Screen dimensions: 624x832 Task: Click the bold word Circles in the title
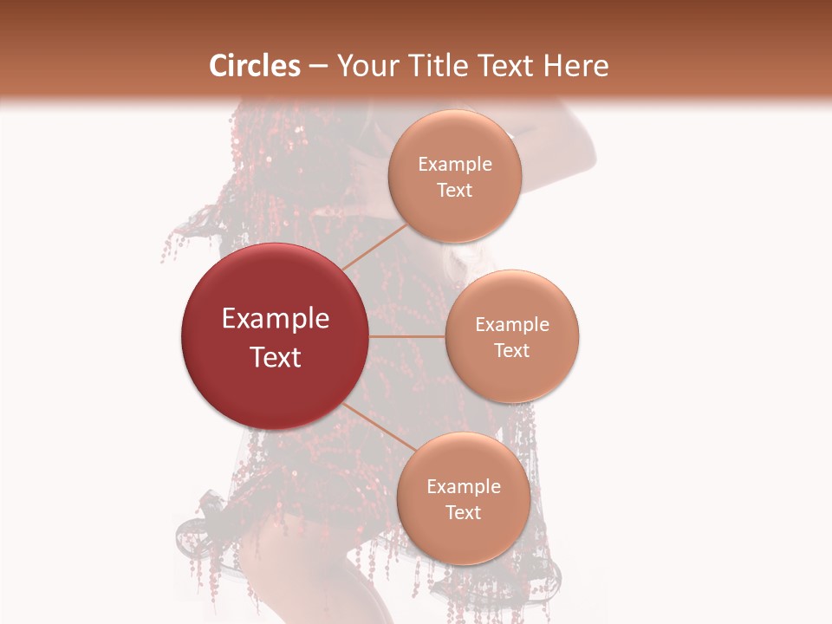click(x=254, y=66)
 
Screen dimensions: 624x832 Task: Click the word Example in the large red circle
click(x=276, y=319)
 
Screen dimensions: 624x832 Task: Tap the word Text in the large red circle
click(x=276, y=357)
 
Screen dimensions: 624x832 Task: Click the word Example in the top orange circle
click(x=455, y=165)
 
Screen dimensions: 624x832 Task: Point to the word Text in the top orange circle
click(x=455, y=191)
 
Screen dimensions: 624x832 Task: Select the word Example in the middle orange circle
click(x=512, y=325)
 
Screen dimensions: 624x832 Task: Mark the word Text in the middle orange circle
click(x=512, y=351)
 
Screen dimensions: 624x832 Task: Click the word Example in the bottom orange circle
click(x=464, y=487)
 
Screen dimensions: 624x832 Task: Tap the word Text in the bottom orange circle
click(x=464, y=513)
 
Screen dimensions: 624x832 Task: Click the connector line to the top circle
click(x=374, y=246)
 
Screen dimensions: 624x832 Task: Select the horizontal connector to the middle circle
click(x=407, y=336)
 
